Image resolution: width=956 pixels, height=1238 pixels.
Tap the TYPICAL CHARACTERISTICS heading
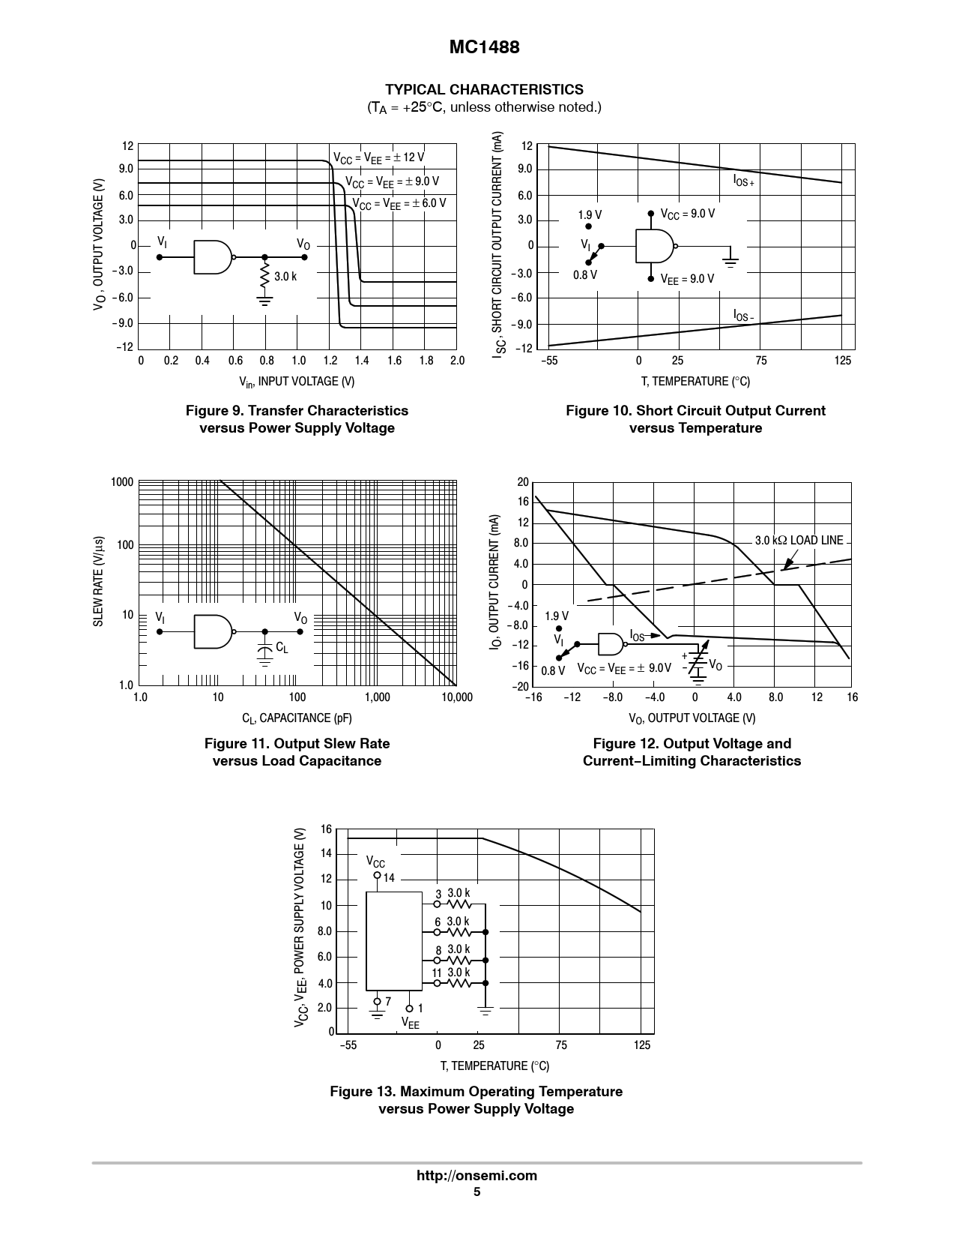click(484, 90)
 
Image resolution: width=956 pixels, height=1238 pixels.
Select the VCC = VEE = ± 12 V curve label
click(378, 157)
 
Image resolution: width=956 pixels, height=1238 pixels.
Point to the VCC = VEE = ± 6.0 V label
click(399, 204)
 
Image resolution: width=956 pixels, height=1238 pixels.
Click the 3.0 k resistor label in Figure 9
click(285, 277)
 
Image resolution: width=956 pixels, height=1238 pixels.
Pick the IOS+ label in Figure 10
click(743, 181)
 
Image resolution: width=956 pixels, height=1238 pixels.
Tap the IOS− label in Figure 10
click(743, 316)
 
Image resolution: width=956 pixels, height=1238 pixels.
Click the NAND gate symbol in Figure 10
click(655, 245)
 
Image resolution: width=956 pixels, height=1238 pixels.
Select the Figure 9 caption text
click(297, 419)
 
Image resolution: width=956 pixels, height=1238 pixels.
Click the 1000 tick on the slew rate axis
click(122, 482)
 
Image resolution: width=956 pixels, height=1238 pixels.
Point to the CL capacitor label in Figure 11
click(282, 647)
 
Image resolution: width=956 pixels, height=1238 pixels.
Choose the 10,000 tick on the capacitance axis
click(457, 697)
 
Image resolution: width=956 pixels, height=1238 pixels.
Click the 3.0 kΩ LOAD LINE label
click(799, 540)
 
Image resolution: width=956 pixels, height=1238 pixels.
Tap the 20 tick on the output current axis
click(522, 482)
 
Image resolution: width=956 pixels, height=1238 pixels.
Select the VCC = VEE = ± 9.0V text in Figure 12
click(624, 667)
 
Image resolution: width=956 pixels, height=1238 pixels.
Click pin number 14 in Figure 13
click(389, 878)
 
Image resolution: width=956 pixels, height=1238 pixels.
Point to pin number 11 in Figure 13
click(437, 973)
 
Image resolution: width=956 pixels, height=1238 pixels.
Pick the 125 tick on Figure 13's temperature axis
click(642, 1045)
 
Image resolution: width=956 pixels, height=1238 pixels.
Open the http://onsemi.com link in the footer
click(477, 1176)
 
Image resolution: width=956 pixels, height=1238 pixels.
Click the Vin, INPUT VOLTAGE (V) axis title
click(297, 382)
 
